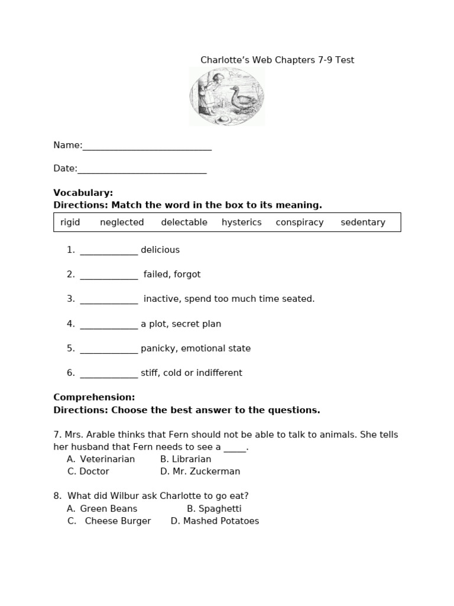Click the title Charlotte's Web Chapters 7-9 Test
point(277,60)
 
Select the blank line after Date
point(142,169)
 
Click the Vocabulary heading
point(83,193)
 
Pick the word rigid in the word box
point(70,223)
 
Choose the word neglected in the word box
point(122,223)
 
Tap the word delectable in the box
point(184,223)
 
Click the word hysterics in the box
point(241,223)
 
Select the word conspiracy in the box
point(300,223)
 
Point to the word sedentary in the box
point(363,223)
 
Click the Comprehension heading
point(94,398)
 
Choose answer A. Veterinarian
point(101,459)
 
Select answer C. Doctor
point(88,472)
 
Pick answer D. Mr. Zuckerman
point(200,472)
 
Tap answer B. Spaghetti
point(214,509)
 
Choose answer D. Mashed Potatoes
point(215,521)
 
